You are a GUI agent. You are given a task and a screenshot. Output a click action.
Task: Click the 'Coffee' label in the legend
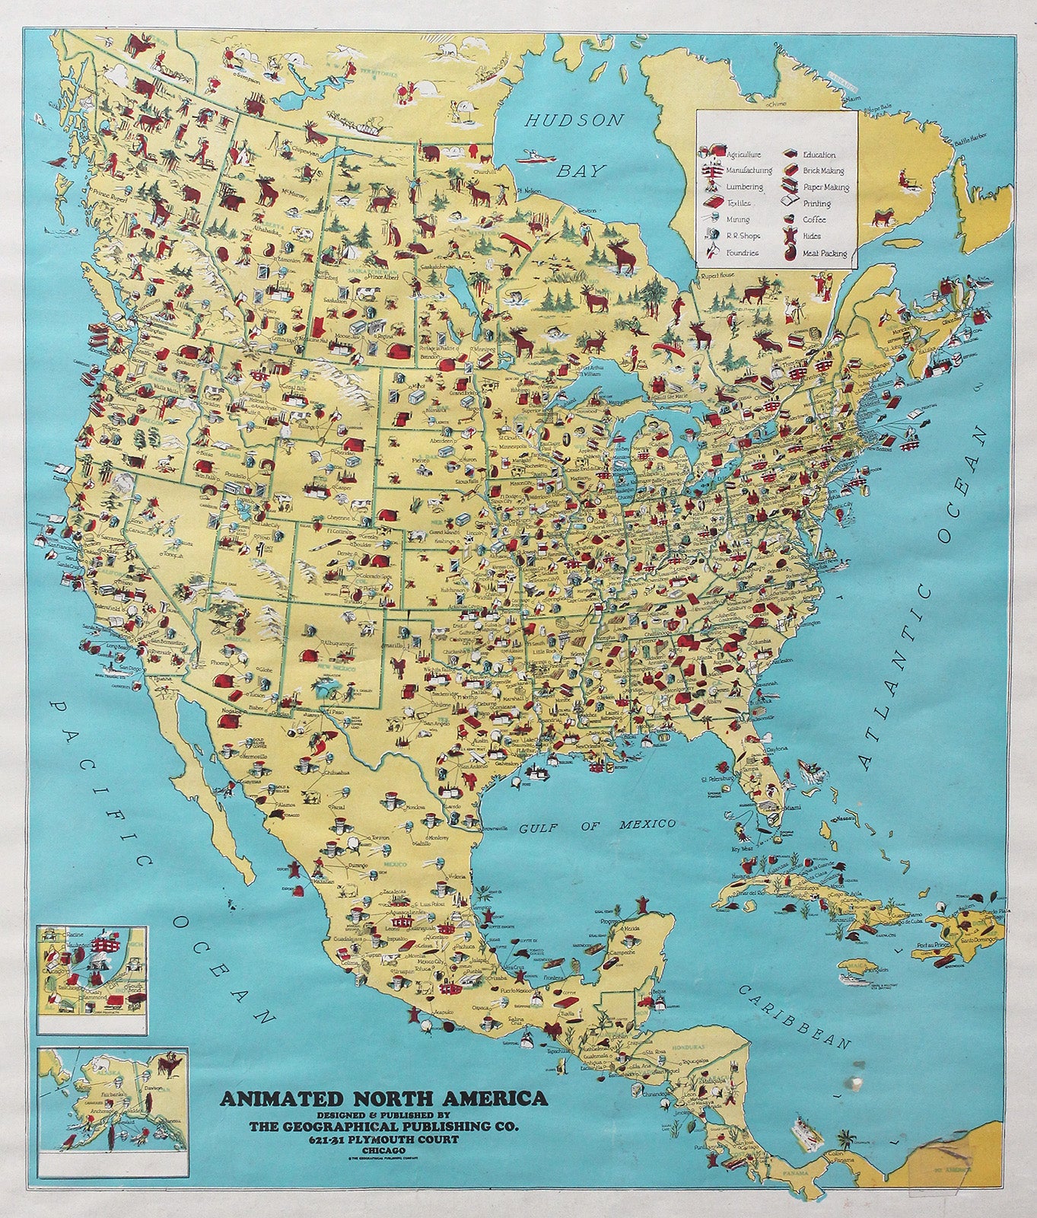click(x=813, y=220)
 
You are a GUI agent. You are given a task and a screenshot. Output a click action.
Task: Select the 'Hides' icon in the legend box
click(x=787, y=237)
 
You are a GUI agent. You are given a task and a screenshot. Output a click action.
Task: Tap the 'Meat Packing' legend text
click(x=823, y=253)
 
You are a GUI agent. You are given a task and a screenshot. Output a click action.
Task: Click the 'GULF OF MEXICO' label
click(x=597, y=824)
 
